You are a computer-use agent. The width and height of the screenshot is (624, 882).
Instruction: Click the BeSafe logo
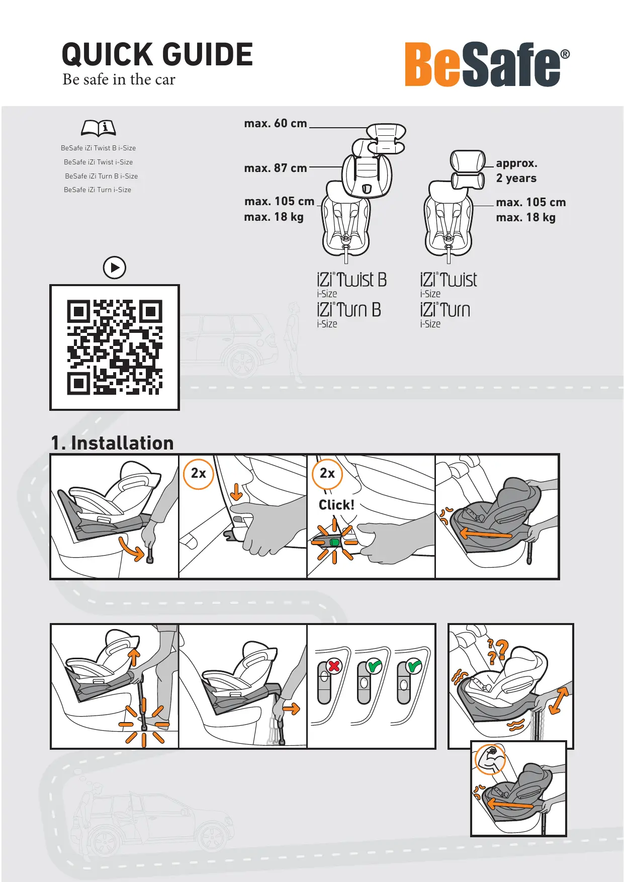pos(487,64)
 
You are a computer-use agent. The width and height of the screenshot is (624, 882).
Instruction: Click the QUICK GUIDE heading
pos(157,54)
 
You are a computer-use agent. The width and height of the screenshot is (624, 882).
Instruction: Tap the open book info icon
pos(99,128)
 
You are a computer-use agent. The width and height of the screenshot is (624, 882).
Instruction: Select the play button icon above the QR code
pos(115,268)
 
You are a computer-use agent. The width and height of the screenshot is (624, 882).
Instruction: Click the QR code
pos(115,347)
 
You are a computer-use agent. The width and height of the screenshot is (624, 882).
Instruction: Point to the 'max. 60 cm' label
pos(276,123)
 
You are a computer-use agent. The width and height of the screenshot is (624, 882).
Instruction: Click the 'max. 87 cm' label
pos(276,168)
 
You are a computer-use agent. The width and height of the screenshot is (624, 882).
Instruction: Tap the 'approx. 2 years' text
pos(516,170)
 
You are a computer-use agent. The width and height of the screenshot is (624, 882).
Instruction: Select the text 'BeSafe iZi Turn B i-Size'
pos(101,176)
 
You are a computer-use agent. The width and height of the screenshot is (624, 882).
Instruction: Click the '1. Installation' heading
pos(112,443)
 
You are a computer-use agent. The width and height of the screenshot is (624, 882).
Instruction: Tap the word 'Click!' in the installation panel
pos(336,504)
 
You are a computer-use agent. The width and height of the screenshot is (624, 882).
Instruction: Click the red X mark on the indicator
pos(334,666)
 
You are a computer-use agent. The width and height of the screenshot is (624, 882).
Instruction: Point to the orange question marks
pos(498,652)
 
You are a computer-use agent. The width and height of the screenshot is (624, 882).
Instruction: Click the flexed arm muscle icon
pos(491,759)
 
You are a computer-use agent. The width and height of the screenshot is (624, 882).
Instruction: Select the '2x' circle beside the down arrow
pos(199,473)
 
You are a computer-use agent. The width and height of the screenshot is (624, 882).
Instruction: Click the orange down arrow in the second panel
pos(236,492)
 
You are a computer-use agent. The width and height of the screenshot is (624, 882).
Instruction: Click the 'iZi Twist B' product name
pos(351,280)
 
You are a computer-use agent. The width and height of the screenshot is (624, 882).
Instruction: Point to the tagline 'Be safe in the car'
pos(119,79)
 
